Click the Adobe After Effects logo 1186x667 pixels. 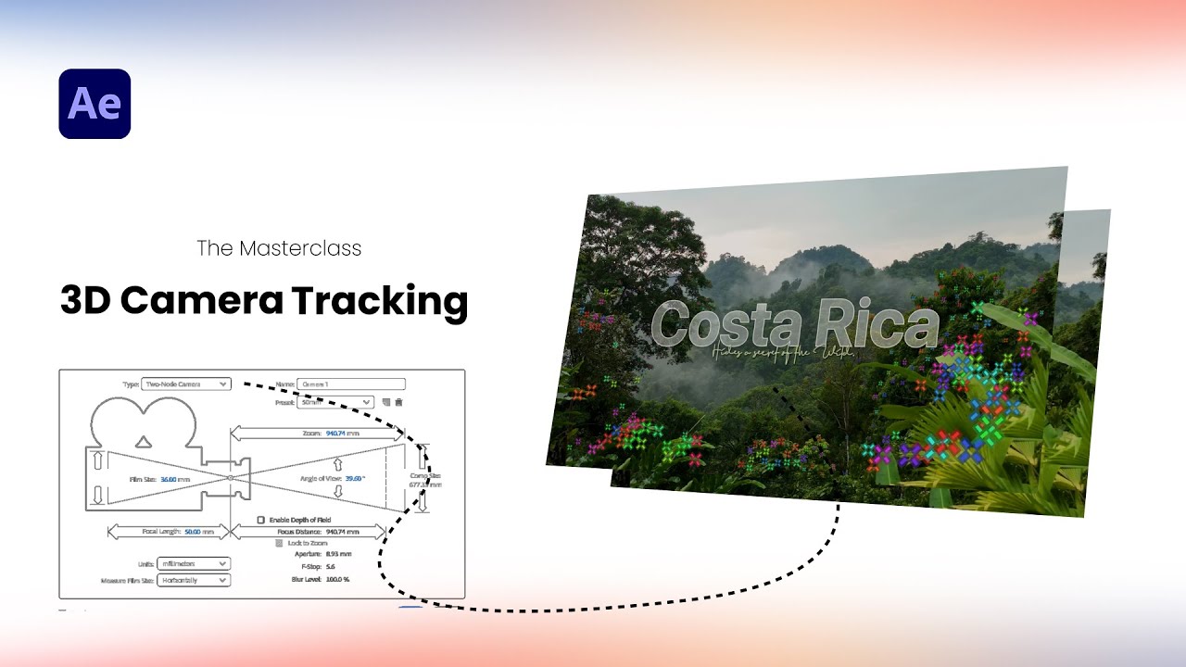click(95, 104)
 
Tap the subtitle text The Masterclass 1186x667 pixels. click(279, 248)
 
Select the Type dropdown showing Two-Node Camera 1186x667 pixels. click(186, 384)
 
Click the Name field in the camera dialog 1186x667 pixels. click(351, 384)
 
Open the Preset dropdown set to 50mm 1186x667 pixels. click(336, 402)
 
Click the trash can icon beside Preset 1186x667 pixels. click(399, 402)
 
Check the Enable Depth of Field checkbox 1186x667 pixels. click(261, 520)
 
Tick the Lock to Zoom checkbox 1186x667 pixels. click(280, 543)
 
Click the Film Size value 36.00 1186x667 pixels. click(168, 479)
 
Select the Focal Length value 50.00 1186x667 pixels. click(192, 532)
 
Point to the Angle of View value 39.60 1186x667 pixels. click(353, 478)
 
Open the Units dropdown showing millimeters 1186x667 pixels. click(193, 563)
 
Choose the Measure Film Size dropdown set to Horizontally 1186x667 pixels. click(193, 580)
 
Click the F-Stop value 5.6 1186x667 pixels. click(331, 566)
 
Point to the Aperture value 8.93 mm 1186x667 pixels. click(339, 553)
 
